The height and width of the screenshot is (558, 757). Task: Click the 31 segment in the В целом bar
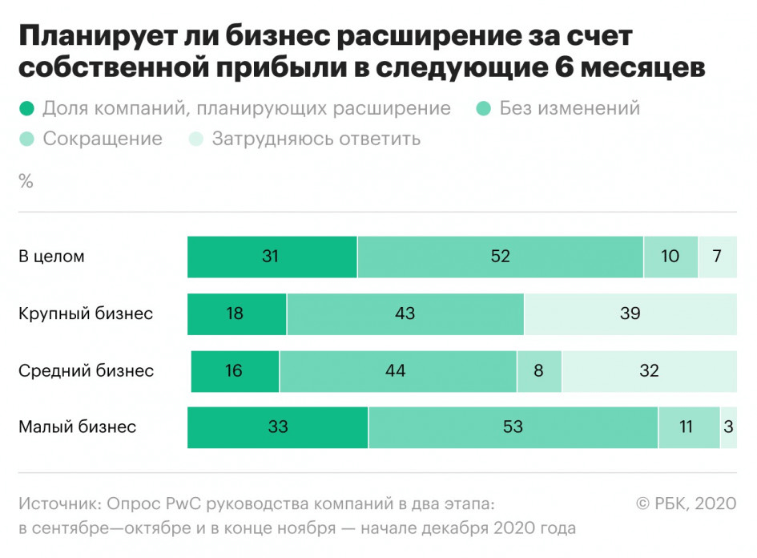(x=272, y=257)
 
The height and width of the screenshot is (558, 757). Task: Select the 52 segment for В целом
(x=501, y=257)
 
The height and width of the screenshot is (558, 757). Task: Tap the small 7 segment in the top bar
(x=718, y=257)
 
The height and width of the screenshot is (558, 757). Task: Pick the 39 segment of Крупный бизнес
(x=630, y=313)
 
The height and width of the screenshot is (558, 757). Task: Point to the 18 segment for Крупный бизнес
(x=236, y=313)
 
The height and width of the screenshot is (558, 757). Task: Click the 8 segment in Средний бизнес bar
(x=539, y=370)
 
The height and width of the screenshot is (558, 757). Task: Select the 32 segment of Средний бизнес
(x=649, y=370)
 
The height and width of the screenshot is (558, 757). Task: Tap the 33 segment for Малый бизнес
(x=278, y=427)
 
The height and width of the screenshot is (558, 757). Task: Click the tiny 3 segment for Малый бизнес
(x=728, y=427)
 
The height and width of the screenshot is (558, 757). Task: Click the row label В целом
(x=51, y=257)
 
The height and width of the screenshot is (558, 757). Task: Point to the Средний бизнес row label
(x=86, y=371)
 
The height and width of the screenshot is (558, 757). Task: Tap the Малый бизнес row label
(x=77, y=427)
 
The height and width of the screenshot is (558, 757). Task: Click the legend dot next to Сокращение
(x=26, y=139)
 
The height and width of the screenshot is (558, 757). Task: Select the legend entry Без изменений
(x=570, y=108)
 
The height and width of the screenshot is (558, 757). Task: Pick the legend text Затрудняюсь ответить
(x=316, y=139)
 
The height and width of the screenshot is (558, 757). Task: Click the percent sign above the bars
(x=26, y=182)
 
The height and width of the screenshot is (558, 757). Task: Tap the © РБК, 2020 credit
(x=686, y=503)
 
